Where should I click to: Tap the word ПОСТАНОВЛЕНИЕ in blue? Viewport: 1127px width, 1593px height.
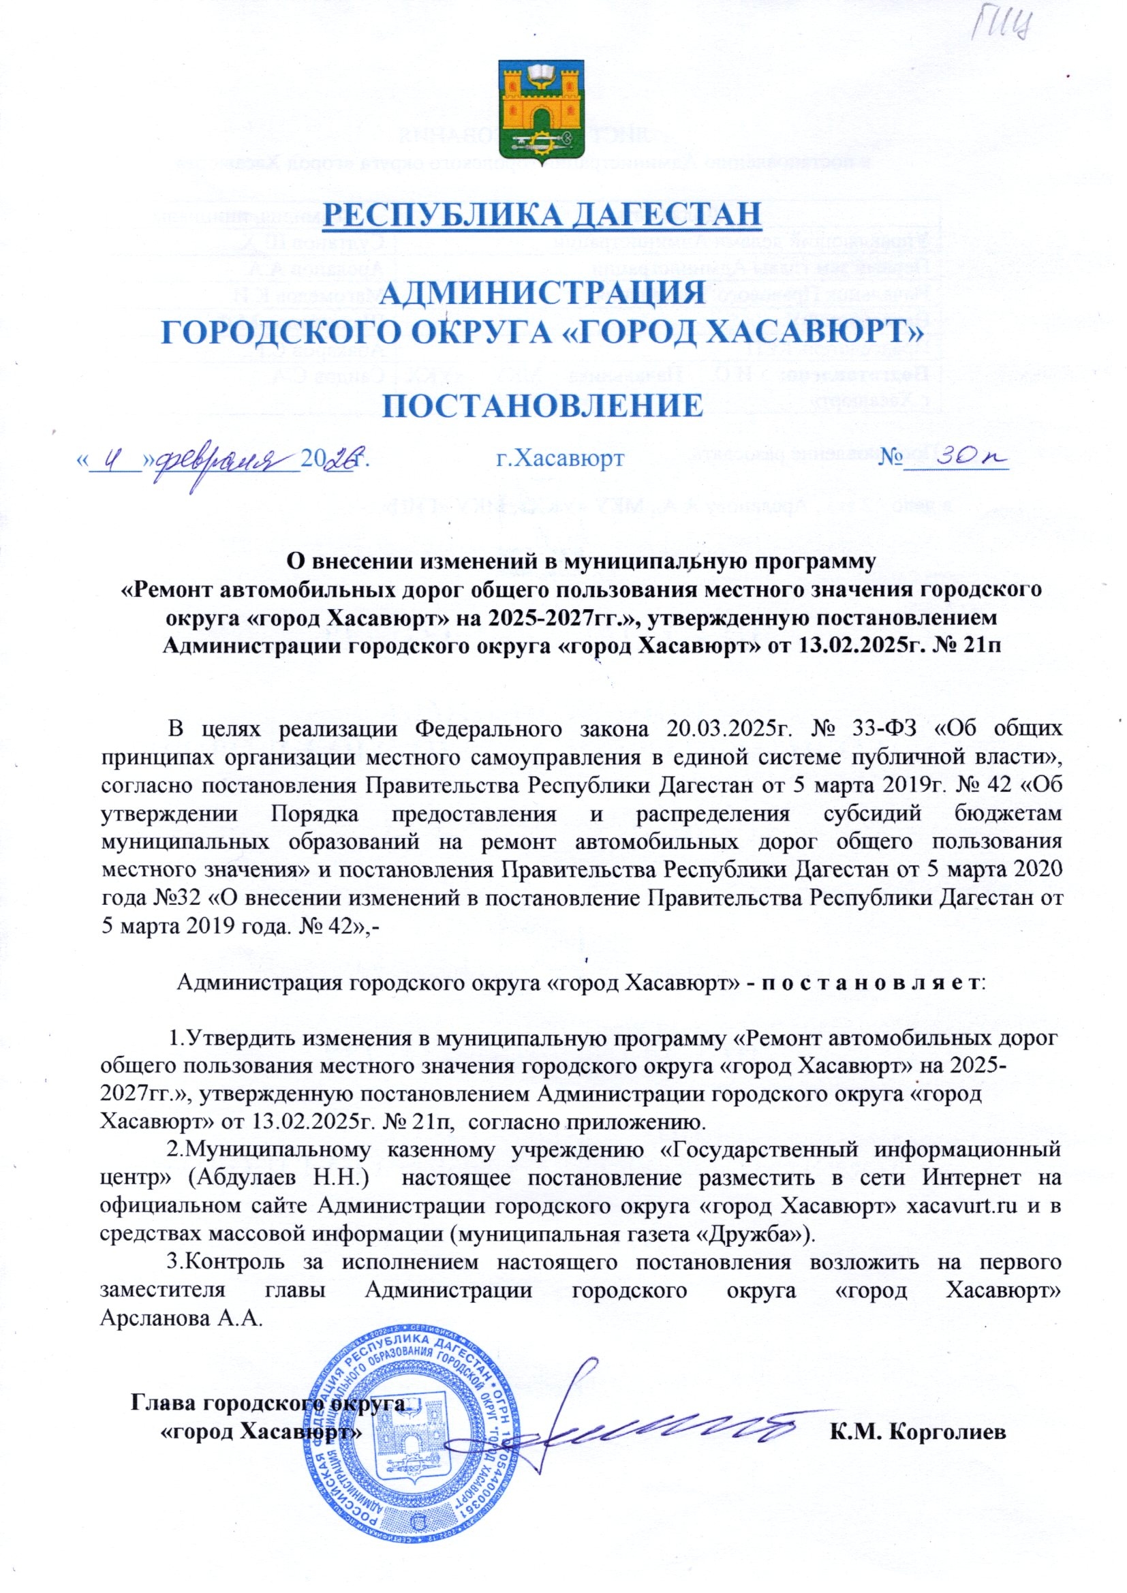click(x=542, y=407)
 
